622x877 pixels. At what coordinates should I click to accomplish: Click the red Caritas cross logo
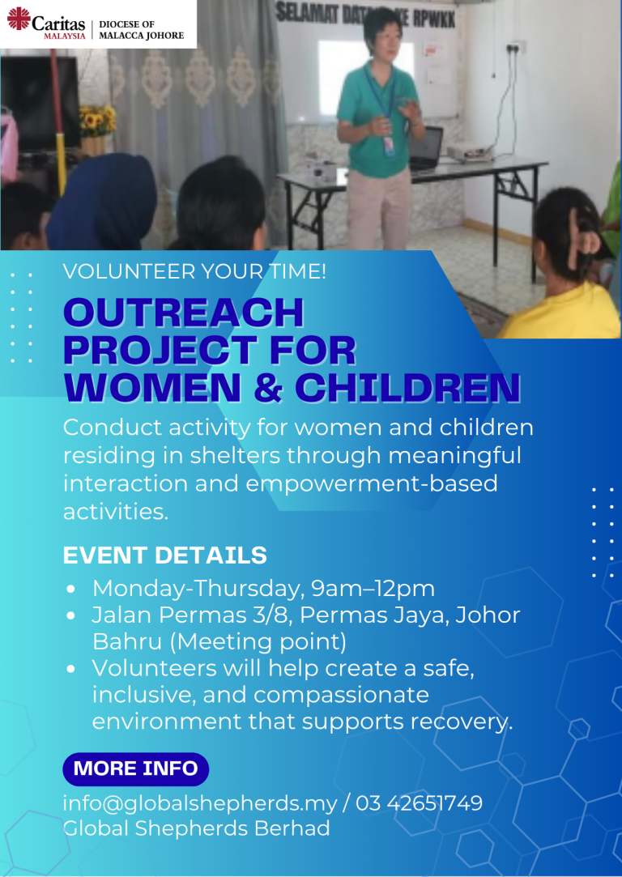[x=19, y=19]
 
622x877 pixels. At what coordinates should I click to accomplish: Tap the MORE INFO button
[x=135, y=768]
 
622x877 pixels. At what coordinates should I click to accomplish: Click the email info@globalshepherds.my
[x=200, y=803]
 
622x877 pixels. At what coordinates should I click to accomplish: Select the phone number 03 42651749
[x=419, y=803]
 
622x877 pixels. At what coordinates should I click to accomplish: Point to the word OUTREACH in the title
[x=184, y=313]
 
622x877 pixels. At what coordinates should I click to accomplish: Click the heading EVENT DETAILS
[x=165, y=556]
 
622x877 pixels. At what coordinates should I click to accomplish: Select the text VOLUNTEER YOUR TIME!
[x=194, y=272]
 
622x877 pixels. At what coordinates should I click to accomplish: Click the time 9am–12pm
[x=373, y=589]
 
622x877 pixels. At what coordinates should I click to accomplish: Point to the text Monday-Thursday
[x=198, y=589]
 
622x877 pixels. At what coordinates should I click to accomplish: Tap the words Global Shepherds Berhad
[x=196, y=828]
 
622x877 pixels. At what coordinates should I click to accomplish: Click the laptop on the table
[x=426, y=147]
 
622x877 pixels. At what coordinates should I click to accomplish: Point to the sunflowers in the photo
[x=97, y=120]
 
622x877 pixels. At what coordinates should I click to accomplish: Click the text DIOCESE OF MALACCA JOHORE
[x=140, y=30]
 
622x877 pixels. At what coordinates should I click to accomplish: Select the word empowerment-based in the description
[x=372, y=483]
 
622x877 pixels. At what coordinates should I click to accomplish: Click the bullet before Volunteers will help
[x=70, y=669]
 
